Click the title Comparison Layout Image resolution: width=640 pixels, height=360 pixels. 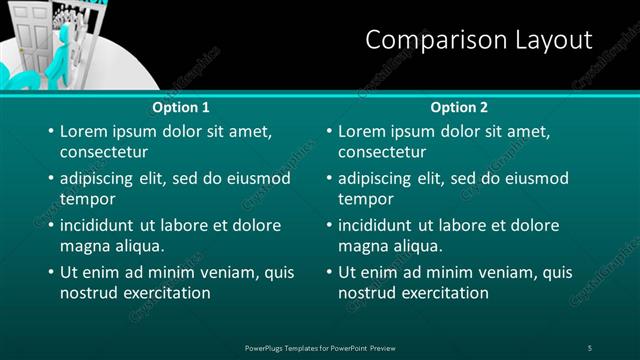[478, 40]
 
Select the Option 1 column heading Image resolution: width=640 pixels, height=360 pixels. [181, 107]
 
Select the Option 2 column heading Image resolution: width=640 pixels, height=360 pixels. [459, 107]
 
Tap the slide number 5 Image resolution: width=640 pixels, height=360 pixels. [589, 347]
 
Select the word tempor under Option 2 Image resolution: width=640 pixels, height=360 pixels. [364, 199]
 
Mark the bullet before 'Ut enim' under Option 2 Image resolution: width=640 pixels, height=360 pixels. [328, 272]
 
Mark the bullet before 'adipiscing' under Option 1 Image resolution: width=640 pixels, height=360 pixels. [50, 178]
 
